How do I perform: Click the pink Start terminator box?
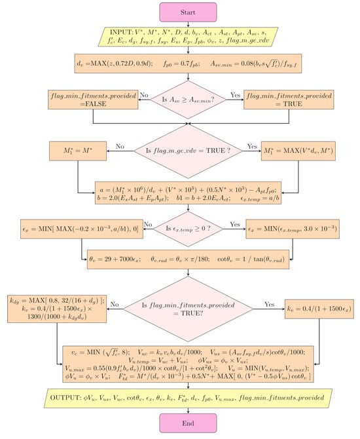coord(179,11)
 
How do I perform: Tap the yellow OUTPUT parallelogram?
coord(179,396)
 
